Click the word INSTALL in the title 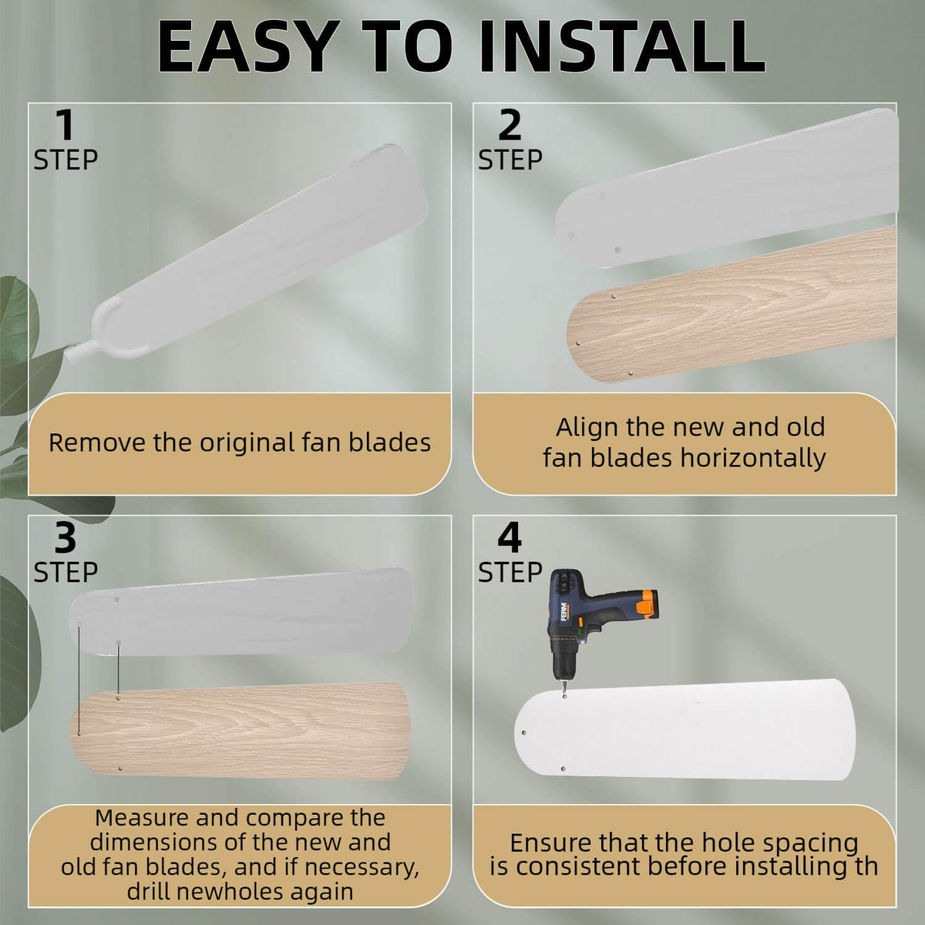[622, 46]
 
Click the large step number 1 [65, 126]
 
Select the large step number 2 [510, 126]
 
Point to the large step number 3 [66, 538]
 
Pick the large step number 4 [510, 538]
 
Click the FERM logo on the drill [563, 611]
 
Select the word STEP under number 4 [510, 572]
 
